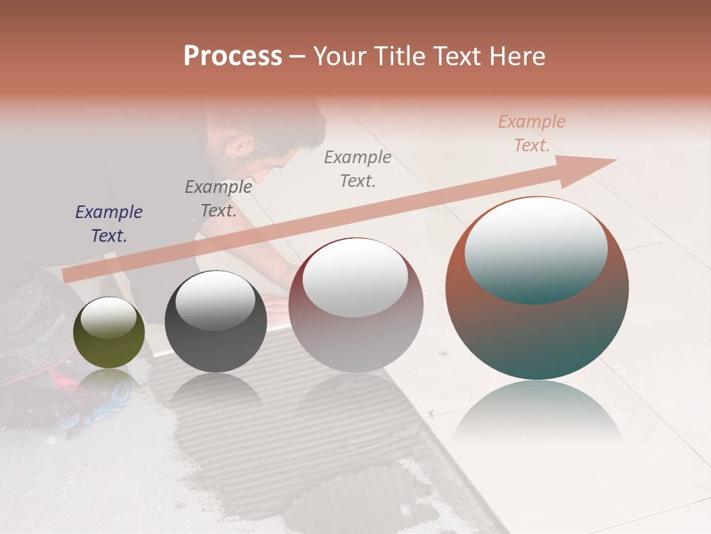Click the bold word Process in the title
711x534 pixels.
click(x=233, y=56)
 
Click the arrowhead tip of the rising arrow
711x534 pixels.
click(x=615, y=160)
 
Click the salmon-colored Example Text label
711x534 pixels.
click(x=531, y=133)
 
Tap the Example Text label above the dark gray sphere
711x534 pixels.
click(x=218, y=199)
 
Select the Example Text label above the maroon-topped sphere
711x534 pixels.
click(x=358, y=168)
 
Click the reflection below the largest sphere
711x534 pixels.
click(x=537, y=415)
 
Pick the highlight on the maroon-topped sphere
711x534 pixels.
click(x=355, y=278)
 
